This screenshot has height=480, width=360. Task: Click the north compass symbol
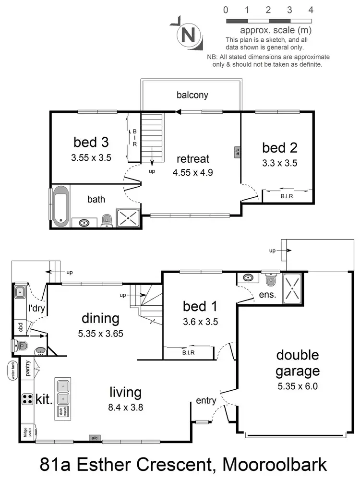point(188,35)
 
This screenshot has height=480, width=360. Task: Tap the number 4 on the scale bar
point(311,10)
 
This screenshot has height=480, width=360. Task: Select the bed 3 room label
point(91,142)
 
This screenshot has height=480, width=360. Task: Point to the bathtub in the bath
point(60,206)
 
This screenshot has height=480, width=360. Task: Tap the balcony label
point(192,95)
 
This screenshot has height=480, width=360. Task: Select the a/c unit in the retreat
point(237,151)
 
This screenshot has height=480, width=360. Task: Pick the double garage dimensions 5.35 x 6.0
point(297,386)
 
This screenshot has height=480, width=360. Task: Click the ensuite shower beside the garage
point(292,288)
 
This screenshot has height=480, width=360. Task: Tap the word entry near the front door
point(206,400)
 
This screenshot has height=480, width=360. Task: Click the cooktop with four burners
point(26,398)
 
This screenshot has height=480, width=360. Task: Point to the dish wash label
point(61,411)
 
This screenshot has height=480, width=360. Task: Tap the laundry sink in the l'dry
point(20,292)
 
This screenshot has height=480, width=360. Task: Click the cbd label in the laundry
point(20,327)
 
